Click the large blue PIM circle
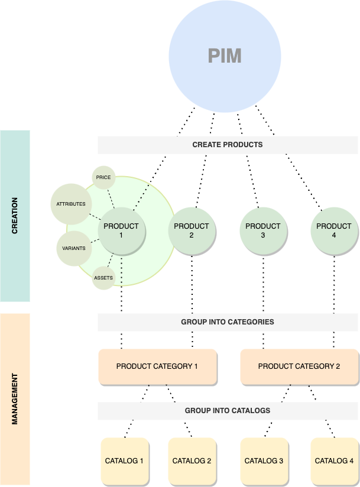point(225,56)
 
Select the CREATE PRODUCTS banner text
point(228,144)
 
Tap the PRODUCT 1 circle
point(121,230)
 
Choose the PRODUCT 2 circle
point(192,230)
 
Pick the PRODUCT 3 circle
point(263,230)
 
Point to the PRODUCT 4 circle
point(334,230)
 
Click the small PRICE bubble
point(103,177)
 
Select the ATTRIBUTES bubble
point(71,204)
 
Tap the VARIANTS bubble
point(74,248)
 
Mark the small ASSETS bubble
point(103,278)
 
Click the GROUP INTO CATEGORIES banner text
point(228,323)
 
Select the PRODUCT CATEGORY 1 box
point(157,366)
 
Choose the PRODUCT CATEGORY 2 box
point(299,366)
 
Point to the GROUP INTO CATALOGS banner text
point(228,410)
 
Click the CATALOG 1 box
point(124,460)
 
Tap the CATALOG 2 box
point(192,460)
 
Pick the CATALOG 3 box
point(264,460)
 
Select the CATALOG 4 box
point(334,460)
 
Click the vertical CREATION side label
point(15,216)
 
